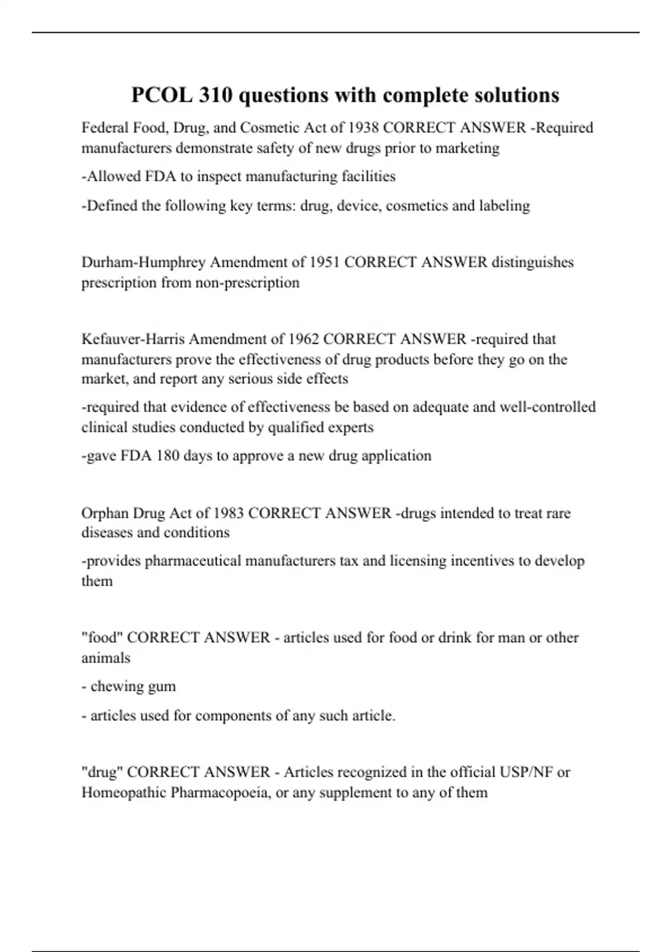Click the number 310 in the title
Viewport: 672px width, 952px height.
216,95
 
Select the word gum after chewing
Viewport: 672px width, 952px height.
162,687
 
